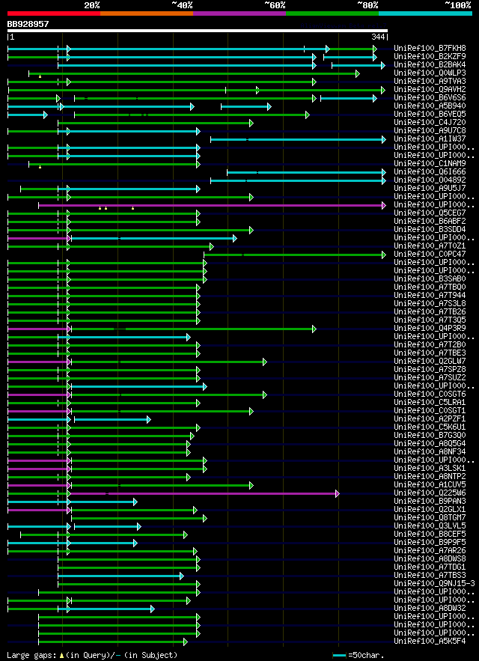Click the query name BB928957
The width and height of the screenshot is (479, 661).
(28, 24)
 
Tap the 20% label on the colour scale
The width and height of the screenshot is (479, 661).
(92, 4)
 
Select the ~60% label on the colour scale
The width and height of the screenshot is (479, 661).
(275, 4)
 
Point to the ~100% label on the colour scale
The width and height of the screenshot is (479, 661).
(458, 4)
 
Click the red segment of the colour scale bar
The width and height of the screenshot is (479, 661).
(53, 13)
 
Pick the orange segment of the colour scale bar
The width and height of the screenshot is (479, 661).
(146, 13)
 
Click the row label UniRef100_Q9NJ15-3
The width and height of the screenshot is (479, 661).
(427, 583)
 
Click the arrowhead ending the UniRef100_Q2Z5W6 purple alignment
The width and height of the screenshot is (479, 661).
(338, 493)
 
